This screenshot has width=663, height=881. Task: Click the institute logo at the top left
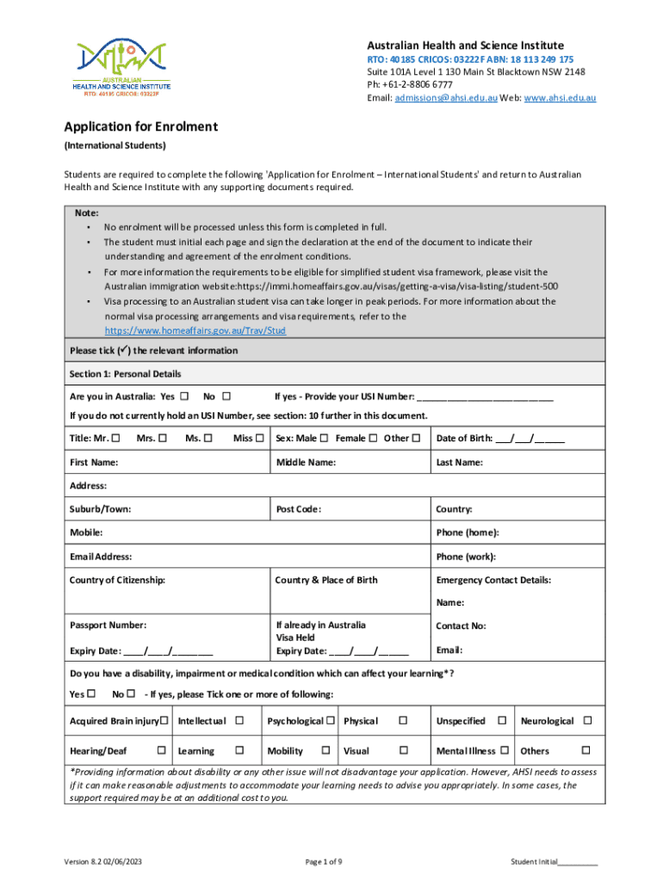pyautogui.click(x=122, y=69)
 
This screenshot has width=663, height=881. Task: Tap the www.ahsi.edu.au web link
pyautogui.click(x=560, y=98)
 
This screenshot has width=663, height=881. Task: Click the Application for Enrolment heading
pyautogui.click(x=141, y=127)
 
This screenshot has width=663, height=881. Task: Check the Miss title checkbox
pyautogui.click(x=260, y=438)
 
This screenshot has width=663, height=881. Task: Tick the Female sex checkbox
pyautogui.click(x=373, y=438)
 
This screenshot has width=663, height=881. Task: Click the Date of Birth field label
pyautogui.click(x=463, y=438)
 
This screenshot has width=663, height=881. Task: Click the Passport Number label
pyautogui.click(x=108, y=625)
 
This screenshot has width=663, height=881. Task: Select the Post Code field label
pyautogui.click(x=298, y=509)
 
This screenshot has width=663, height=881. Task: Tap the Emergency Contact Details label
pyautogui.click(x=493, y=580)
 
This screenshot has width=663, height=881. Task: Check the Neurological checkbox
pyautogui.click(x=588, y=720)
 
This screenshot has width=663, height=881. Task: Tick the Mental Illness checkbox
pyautogui.click(x=505, y=751)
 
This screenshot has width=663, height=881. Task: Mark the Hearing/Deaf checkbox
pyautogui.click(x=162, y=751)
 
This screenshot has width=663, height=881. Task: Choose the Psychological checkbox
pyautogui.click(x=330, y=720)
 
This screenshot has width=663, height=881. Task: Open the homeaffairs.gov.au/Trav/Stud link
pyautogui.click(x=195, y=330)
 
